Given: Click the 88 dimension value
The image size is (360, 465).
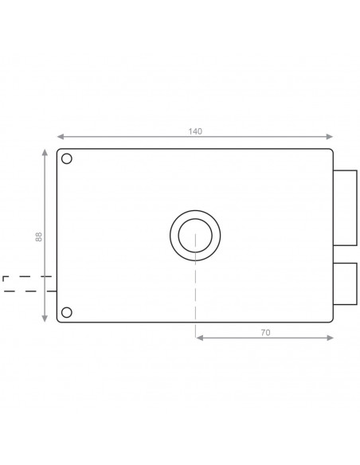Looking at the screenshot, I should pyautogui.click(x=38, y=236).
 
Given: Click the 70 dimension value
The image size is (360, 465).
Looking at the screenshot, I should pyautogui.click(x=265, y=332).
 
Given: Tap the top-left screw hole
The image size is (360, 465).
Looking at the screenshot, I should pyautogui.click(x=67, y=158).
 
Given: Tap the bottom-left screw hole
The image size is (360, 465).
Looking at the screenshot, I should pyautogui.click(x=67, y=311).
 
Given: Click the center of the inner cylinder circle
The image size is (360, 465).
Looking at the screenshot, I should pyautogui.click(x=195, y=235).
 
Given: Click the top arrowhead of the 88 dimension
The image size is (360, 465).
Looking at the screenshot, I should pyautogui.click(x=44, y=151).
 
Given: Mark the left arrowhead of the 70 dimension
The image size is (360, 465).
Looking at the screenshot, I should pyautogui.click(x=198, y=338).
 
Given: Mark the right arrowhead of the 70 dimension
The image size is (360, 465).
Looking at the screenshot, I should pyautogui.click(x=331, y=338).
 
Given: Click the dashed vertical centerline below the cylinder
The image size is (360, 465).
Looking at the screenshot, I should pyautogui.click(x=195, y=295).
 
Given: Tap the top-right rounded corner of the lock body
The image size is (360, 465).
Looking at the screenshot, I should pyautogui.click(x=330, y=151).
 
